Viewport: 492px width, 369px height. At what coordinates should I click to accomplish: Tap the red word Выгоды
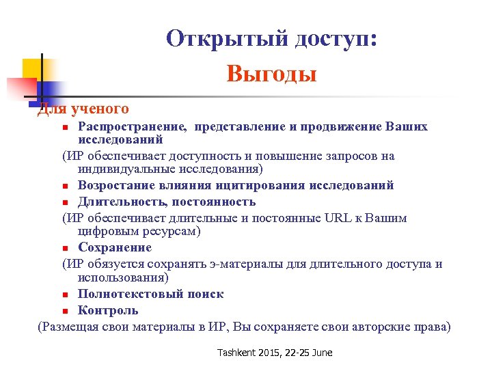pyautogui.click(x=271, y=73)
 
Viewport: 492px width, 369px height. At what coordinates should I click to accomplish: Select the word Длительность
pyautogui.click(x=122, y=202)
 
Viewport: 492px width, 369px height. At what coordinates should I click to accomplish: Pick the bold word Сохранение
pyautogui.click(x=115, y=247)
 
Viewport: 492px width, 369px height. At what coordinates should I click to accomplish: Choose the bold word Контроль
pyautogui.click(x=108, y=310)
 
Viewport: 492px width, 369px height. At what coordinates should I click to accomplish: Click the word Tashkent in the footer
pyautogui.click(x=236, y=352)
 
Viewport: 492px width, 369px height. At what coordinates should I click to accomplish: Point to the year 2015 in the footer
pyautogui.click(x=271, y=352)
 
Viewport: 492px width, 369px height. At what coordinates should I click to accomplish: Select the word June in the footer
pyautogui.click(x=320, y=352)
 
